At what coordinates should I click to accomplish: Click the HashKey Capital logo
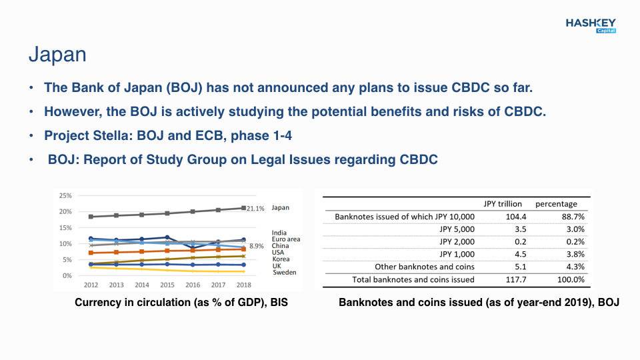click(591, 25)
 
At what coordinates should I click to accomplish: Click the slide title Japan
click(57, 55)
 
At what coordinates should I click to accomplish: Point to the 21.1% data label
click(255, 209)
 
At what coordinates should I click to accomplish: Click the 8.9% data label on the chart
click(256, 246)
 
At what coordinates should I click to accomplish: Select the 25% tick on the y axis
click(65, 195)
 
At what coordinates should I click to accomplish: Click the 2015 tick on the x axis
click(167, 285)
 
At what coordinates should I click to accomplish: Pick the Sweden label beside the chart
click(285, 272)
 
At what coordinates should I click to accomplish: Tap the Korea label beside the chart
click(281, 259)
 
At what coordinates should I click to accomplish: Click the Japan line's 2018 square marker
click(244, 208)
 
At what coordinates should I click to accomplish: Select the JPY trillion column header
click(503, 204)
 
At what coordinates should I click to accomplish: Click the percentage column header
click(556, 204)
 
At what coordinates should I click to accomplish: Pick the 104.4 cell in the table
click(516, 217)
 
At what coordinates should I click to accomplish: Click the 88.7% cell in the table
click(573, 217)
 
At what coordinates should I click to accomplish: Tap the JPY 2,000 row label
click(457, 241)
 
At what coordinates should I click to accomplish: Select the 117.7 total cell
click(516, 279)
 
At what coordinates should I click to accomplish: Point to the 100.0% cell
click(571, 279)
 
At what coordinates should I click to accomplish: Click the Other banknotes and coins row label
click(425, 267)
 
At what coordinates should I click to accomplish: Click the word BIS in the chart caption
click(279, 303)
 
